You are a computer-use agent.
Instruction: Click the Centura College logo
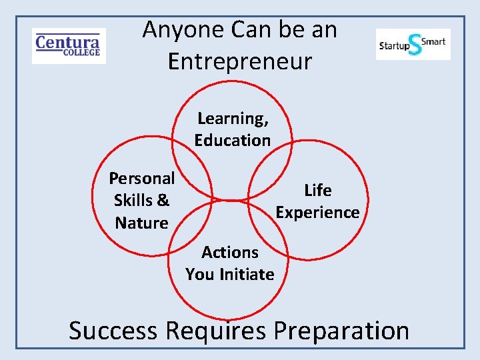[x=69, y=45]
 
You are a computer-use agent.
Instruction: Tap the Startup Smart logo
[x=413, y=44]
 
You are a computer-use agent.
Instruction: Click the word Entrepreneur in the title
[x=239, y=61]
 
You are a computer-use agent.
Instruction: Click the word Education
[x=233, y=140]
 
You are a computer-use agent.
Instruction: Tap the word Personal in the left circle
[x=141, y=178]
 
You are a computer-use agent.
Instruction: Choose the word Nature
[x=141, y=223]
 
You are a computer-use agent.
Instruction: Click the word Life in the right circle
[x=318, y=190]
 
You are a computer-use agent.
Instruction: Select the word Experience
[x=318, y=212]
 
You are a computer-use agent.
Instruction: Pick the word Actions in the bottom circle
[x=230, y=252]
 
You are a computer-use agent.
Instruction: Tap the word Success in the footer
[x=113, y=331]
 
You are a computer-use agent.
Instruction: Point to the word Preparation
[x=341, y=331]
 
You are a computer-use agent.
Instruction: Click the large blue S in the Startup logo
[x=415, y=45]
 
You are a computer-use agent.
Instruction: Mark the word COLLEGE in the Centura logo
[x=82, y=53]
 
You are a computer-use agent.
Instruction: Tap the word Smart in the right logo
[x=434, y=41]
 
